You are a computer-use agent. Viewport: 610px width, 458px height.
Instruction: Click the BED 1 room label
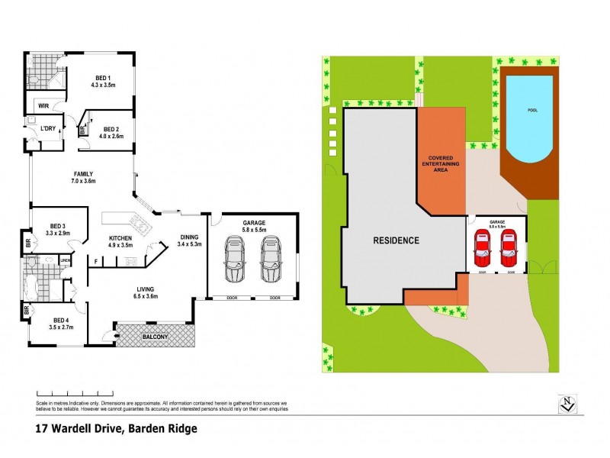[102, 79]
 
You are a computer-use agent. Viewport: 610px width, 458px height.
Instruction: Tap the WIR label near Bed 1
[43, 107]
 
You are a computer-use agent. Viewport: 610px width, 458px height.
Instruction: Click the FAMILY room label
[84, 173]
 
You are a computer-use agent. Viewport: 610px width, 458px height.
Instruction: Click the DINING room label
[189, 236]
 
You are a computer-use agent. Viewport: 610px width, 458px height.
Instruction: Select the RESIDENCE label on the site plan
[395, 240]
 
